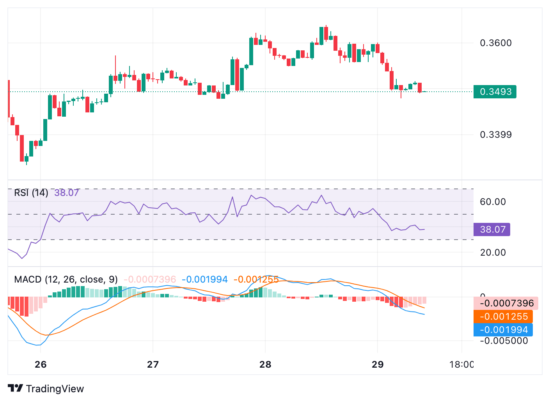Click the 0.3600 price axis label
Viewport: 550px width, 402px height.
click(495, 43)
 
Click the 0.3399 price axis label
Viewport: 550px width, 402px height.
click(495, 135)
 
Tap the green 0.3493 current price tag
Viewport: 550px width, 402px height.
click(495, 92)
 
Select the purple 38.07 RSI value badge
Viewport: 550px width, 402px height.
click(491, 229)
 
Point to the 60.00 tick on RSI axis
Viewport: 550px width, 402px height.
click(493, 202)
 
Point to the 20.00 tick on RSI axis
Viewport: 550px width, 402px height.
click(493, 253)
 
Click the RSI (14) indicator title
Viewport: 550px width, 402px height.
click(31, 193)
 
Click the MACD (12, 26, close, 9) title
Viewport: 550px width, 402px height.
click(66, 279)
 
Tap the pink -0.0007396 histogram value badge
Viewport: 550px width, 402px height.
click(506, 303)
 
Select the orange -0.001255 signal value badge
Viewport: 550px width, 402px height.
click(503, 317)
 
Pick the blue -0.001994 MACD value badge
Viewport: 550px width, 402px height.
click(503, 330)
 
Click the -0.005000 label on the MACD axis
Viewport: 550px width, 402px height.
click(504, 341)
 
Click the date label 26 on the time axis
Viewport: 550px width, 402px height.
click(41, 365)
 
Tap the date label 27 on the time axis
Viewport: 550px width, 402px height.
click(153, 365)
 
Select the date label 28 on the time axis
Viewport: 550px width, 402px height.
click(265, 365)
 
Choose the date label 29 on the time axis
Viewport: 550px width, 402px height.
click(378, 365)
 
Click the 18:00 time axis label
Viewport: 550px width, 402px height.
click(461, 365)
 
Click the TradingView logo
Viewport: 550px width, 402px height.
click(46, 389)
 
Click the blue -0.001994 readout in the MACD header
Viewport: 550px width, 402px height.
click(205, 279)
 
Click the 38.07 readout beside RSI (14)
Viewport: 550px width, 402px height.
click(67, 193)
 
